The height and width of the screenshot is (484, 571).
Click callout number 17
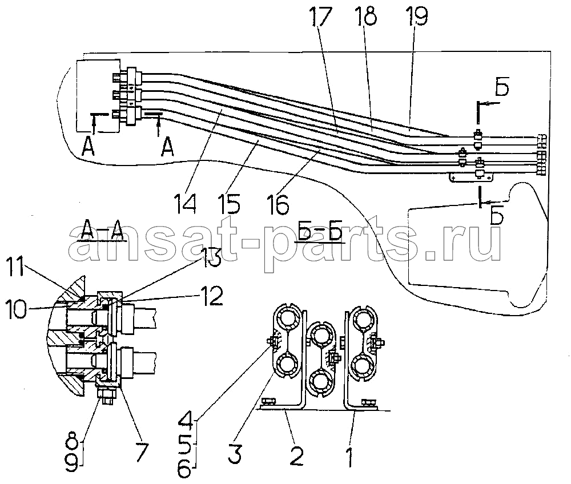321,18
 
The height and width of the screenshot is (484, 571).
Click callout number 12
211,297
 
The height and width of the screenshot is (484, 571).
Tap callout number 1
349,457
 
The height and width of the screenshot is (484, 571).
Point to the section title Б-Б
319,230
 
